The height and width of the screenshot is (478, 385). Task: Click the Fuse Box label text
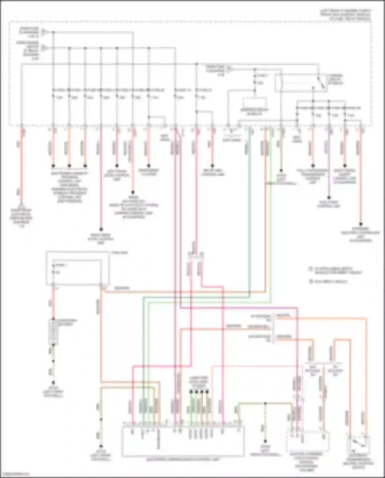pos(119,253)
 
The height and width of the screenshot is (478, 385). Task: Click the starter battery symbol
pos(53,332)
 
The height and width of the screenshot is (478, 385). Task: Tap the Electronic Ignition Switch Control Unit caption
pos(183,459)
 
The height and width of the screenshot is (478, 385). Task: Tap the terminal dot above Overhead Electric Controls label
pos(361,224)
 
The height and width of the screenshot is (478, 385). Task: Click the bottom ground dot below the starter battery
pos(53,382)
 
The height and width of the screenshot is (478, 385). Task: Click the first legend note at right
pos(336,270)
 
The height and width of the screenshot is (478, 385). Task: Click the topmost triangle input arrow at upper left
pos(45,32)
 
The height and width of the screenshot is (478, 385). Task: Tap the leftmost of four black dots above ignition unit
pos(191,392)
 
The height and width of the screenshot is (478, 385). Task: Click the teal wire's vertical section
pos(249,211)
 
